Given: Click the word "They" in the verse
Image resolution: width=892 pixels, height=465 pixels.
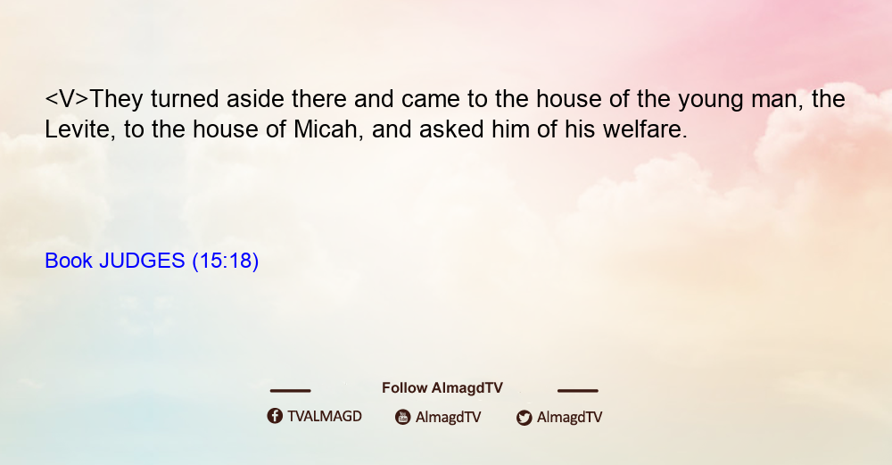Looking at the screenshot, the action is [x=116, y=99].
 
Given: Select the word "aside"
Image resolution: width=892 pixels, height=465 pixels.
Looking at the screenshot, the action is [x=255, y=99].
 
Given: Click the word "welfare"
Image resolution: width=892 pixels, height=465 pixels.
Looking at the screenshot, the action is [x=645, y=129].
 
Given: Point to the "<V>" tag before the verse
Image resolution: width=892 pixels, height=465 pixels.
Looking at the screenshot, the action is [x=67, y=99].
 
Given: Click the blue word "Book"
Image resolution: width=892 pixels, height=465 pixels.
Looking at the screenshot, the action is [x=69, y=261].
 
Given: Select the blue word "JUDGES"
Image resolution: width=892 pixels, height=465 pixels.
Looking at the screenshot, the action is [x=142, y=261].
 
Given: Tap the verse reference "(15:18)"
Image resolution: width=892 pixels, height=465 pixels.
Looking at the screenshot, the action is [x=226, y=261].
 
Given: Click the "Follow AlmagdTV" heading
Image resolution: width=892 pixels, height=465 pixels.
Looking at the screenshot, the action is [x=442, y=388].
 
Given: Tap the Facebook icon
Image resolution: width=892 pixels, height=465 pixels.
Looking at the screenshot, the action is [x=275, y=416].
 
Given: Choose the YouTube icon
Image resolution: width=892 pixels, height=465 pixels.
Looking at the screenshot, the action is [x=403, y=417].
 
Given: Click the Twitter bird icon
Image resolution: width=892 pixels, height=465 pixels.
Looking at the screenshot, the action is [x=524, y=418].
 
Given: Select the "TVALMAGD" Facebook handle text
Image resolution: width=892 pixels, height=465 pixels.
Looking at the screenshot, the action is [x=325, y=417].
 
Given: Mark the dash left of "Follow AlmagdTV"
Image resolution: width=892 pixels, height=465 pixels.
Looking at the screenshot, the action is [x=290, y=390].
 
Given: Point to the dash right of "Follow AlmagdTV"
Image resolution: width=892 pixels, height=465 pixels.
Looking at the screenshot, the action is [x=578, y=390].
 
